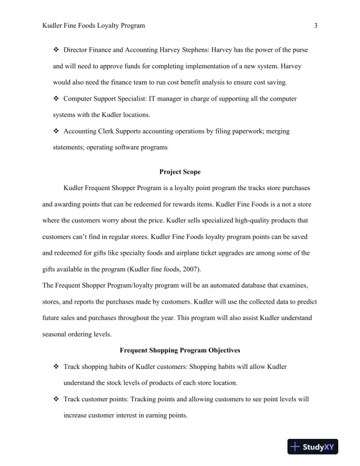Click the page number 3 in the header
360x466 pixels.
pos(316,25)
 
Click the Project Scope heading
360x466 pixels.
pos(180,172)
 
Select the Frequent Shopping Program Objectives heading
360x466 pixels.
pos(180,350)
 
